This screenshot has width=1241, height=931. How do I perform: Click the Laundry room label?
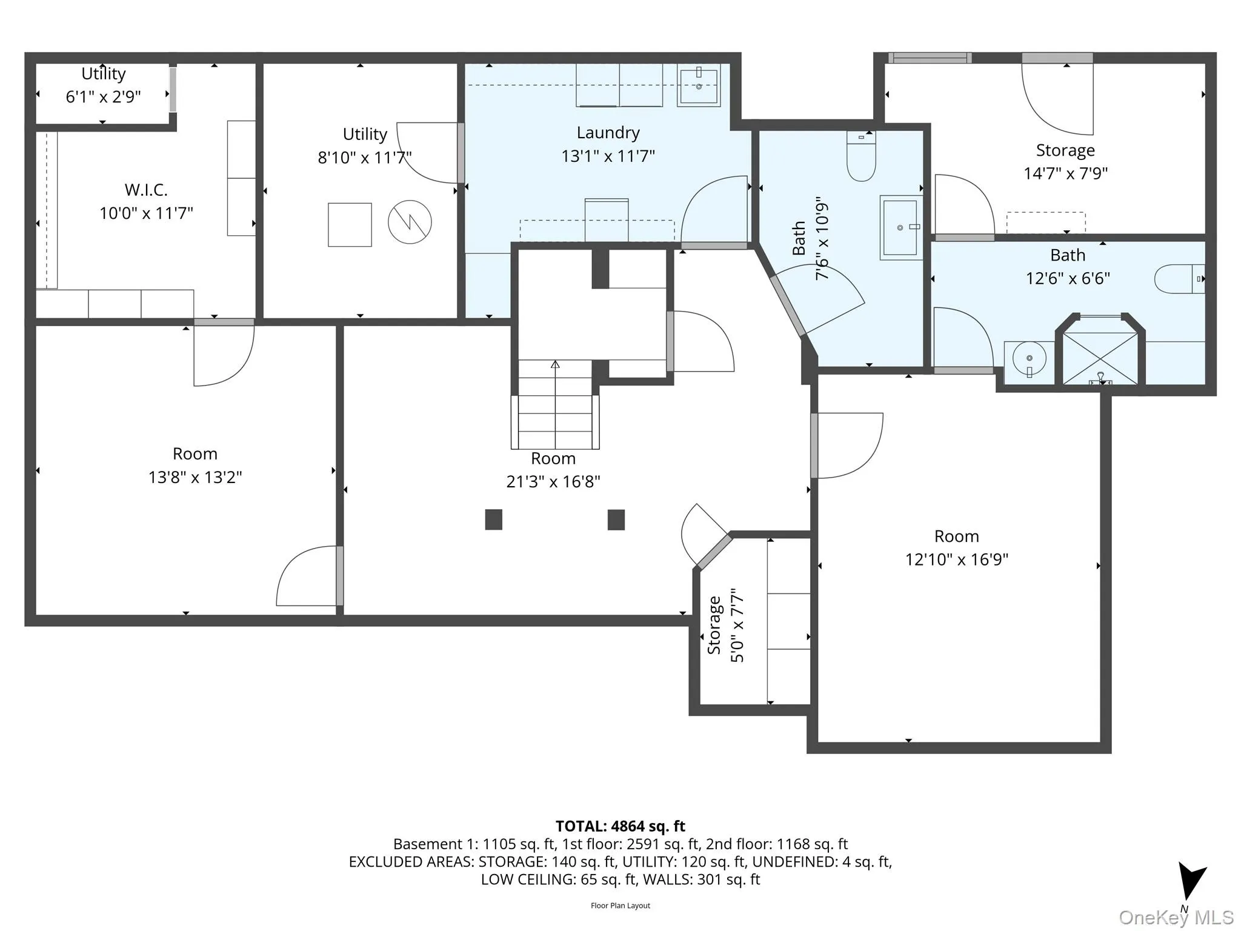click(608, 133)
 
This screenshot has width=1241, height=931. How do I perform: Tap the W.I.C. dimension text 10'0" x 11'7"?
click(146, 213)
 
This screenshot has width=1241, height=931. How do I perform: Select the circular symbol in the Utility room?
click(410, 222)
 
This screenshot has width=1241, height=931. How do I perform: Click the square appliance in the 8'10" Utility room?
click(350, 225)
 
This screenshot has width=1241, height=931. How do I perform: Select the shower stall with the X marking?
click(1100, 359)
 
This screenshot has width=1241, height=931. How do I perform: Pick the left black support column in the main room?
click(493, 519)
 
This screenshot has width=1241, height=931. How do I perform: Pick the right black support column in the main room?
click(616, 519)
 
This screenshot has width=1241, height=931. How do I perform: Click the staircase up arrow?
click(555, 365)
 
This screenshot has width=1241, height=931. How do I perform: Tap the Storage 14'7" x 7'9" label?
click(1065, 150)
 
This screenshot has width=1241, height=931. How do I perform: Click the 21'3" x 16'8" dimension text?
click(553, 482)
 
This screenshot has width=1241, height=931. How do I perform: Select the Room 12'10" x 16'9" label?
click(956, 536)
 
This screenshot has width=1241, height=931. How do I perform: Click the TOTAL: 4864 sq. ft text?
click(620, 826)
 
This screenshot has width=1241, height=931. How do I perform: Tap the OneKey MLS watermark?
click(1176, 918)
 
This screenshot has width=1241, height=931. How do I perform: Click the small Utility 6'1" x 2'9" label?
click(104, 74)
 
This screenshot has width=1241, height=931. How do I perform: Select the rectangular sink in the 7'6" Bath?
click(900, 228)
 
